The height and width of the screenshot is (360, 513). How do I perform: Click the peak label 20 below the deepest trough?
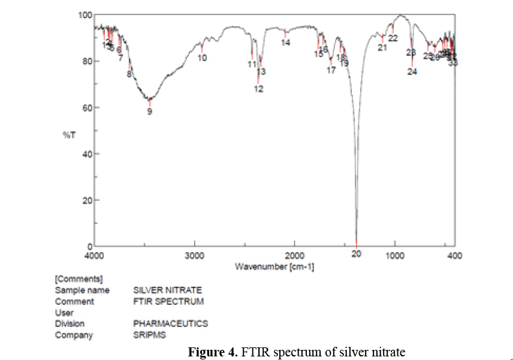point(356,254)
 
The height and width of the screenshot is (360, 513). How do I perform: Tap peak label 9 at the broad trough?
point(150,111)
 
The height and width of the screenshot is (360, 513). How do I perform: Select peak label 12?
point(259,89)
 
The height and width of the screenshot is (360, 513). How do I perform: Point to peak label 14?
point(286,43)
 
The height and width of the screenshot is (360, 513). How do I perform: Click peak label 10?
point(202,58)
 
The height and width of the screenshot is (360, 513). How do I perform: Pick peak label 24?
point(412,72)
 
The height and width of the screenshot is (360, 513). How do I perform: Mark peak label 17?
point(331,70)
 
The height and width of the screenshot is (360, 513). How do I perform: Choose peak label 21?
point(382,47)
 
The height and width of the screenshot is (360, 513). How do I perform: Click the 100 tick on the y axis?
point(86,14)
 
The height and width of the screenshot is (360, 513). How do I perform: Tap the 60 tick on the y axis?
point(88,107)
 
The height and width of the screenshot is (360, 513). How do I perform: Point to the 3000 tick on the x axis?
point(195,255)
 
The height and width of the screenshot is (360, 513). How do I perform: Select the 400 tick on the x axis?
point(455,255)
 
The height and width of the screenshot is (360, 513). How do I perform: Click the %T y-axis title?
point(69,135)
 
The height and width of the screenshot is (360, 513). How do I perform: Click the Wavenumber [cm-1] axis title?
point(275,266)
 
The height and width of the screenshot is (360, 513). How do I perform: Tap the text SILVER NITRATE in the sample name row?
point(167,291)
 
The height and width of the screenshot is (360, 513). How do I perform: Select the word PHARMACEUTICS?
point(170,323)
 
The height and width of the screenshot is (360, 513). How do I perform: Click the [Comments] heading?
point(79,279)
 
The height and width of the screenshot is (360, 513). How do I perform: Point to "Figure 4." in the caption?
point(213,352)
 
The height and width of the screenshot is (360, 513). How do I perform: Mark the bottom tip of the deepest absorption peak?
point(356,244)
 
